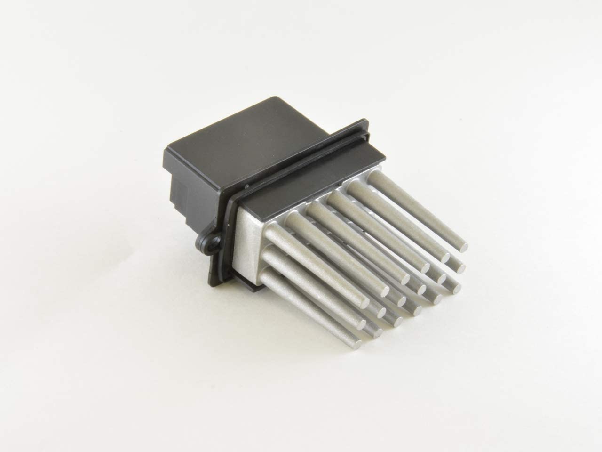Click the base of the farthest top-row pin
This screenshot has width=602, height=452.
[x=376, y=178]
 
